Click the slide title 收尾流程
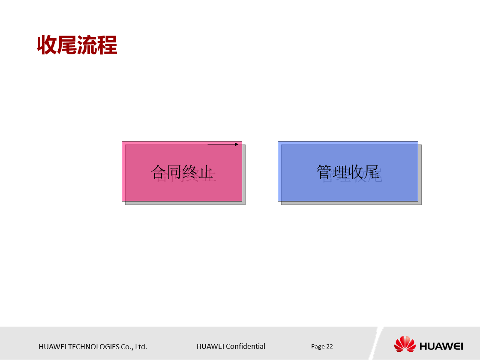(77, 45)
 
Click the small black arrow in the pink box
(223, 144)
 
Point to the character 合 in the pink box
(159, 172)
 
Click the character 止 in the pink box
(206, 172)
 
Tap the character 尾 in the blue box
(372, 172)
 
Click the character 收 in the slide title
(47, 45)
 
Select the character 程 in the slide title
(107, 45)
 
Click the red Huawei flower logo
(405, 345)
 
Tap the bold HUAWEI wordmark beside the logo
(441, 346)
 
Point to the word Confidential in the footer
(246, 346)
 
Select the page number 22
(330, 346)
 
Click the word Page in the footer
(318, 346)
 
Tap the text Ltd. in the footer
(141, 347)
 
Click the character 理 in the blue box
(340, 172)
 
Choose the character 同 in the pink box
(174, 172)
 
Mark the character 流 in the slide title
(87, 45)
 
